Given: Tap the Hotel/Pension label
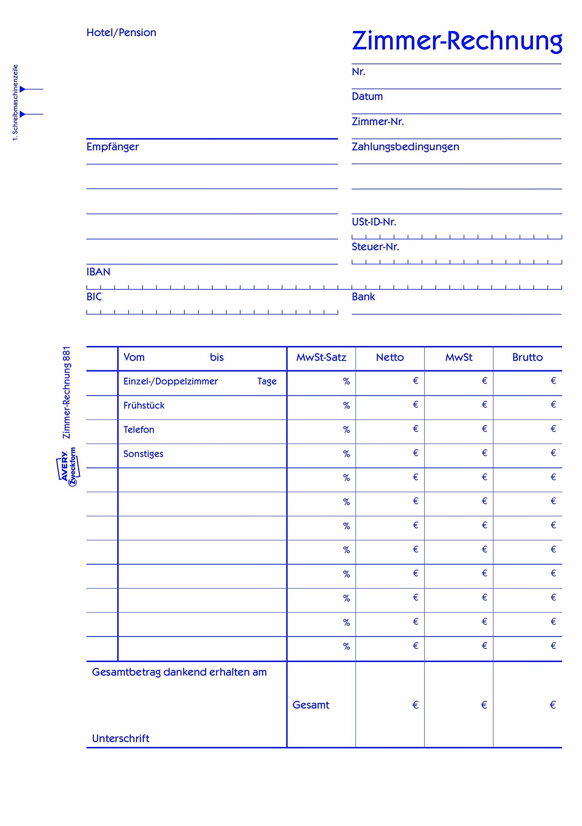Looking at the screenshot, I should pos(121,33).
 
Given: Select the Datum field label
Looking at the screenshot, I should pos(367,96).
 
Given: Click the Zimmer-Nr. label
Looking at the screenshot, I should pos(378,122).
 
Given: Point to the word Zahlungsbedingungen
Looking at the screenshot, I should pos(405,147).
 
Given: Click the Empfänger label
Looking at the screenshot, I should pos(113,147).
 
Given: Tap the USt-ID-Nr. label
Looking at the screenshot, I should pos(374,222).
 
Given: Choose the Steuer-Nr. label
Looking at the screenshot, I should pos(375,247).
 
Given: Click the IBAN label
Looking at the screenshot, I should pos(98,272).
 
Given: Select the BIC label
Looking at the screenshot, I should pos(94,297).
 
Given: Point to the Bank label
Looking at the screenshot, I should pos(363,297).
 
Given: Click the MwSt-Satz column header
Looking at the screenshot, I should pos(321,357).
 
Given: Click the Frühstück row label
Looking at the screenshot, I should pos(144,406).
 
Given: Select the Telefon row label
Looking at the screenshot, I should pos(138,429).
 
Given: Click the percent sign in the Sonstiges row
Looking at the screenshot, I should pos(346,454).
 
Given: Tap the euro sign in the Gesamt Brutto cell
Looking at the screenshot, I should pos(553,705).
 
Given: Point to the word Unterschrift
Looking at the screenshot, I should pos(121,739).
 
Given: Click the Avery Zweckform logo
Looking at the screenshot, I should pos(68,467).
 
